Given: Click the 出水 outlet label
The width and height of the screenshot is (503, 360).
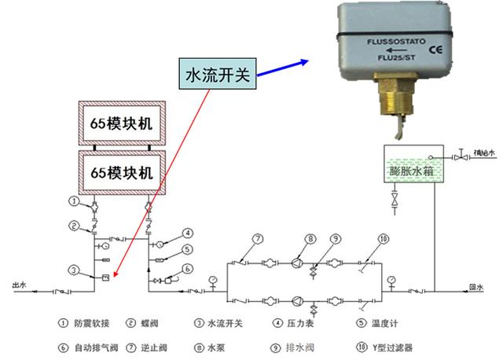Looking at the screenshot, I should [x=19, y=285].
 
